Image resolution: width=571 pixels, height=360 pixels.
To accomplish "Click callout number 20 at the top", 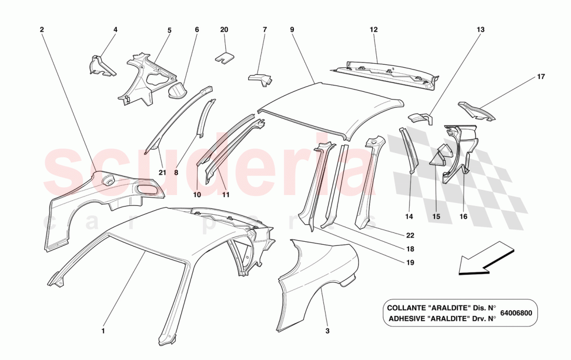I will point(224,30).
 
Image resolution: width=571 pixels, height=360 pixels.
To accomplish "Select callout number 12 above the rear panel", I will point(374,30).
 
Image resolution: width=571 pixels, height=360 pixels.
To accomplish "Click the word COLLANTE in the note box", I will point(409,308).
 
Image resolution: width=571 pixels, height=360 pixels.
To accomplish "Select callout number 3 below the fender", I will point(328,330).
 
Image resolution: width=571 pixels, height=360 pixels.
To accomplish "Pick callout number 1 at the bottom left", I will point(103,330).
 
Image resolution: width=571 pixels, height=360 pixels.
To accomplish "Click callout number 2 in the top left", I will point(42,30).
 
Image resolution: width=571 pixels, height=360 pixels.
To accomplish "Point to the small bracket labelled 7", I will point(261,79).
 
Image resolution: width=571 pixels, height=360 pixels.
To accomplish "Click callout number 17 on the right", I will point(541,77).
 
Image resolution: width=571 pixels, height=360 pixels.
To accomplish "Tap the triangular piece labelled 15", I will point(440,154).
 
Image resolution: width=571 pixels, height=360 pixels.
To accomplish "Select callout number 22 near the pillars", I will point(410,235).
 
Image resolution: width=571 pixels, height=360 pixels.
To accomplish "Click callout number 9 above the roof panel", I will point(292,30).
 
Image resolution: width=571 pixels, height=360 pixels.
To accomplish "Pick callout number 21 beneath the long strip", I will point(162,173).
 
